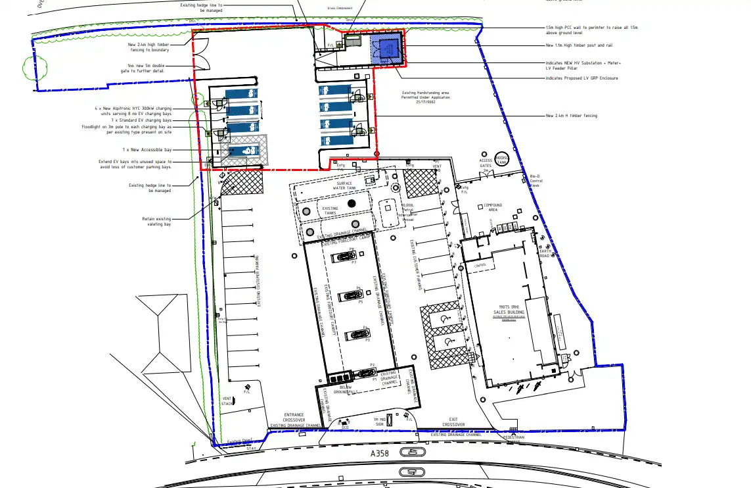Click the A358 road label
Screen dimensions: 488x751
click(380, 454)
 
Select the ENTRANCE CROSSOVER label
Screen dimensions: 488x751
click(294, 417)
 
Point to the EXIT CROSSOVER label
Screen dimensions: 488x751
click(453, 422)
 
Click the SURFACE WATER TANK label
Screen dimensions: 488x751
click(344, 185)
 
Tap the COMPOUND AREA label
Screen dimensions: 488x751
click(493, 208)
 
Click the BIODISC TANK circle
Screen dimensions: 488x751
click(502, 160)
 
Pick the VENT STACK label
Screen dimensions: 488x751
click(227, 401)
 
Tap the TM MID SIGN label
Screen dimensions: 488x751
click(379, 422)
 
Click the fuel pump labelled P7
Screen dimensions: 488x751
click(343, 256)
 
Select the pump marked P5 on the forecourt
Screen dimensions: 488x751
click(350, 295)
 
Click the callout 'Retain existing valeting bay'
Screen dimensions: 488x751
click(156, 222)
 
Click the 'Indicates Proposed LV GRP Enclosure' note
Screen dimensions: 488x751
click(581, 78)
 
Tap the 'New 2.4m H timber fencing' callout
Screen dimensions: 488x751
click(572, 116)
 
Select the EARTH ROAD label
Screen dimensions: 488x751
click(545, 253)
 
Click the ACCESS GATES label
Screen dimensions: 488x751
click(486, 162)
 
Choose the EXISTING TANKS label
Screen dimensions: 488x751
click(330, 210)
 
